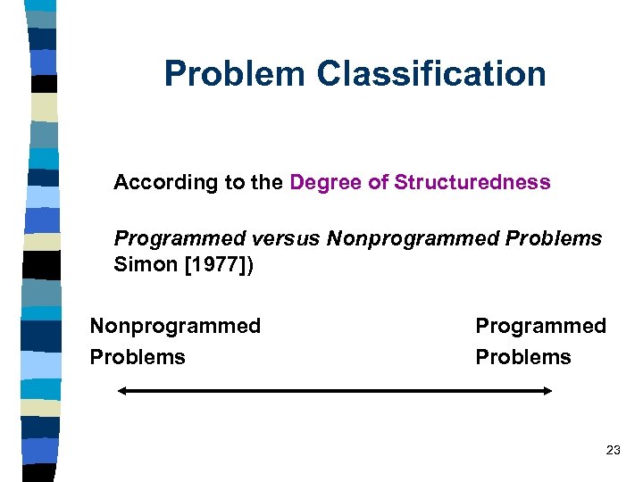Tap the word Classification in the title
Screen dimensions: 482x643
pyautogui.click(x=432, y=74)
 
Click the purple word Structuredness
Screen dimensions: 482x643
pyautogui.click(x=472, y=183)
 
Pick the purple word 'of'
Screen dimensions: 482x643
pyautogui.click(x=379, y=183)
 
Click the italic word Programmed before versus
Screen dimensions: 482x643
pyautogui.click(x=180, y=239)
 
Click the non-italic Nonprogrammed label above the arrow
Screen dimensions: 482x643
pyautogui.click(x=175, y=326)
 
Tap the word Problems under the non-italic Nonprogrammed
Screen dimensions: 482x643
pyautogui.click(x=138, y=357)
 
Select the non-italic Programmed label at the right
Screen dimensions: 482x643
pyautogui.click(x=540, y=326)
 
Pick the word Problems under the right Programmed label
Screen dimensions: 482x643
pyautogui.click(x=523, y=357)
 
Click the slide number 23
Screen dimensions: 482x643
pyautogui.click(x=613, y=451)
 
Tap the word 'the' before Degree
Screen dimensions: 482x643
pyautogui.click(x=267, y=183)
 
